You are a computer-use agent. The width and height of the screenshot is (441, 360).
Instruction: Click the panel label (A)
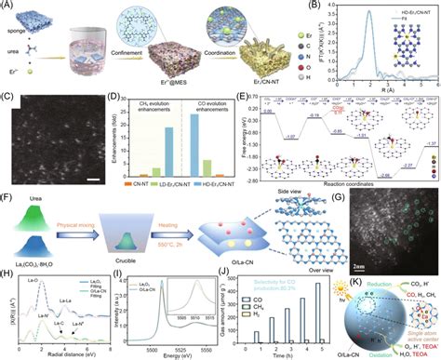coord(7,7)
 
